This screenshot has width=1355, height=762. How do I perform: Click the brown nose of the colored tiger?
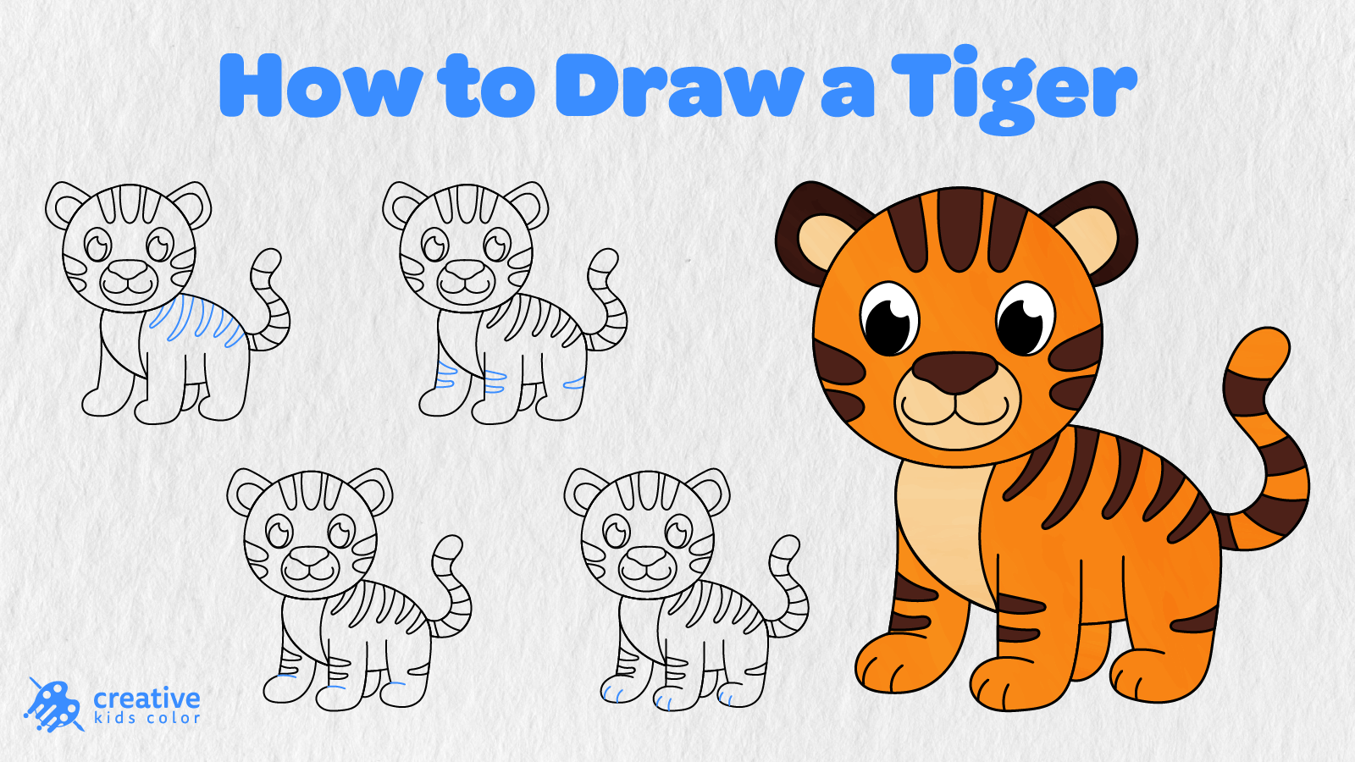click(955, 373)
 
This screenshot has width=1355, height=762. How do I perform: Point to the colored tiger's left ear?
click(810, 229)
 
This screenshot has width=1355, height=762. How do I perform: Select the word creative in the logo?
click(147, 699)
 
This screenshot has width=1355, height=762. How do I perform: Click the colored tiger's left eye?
click(890, 318)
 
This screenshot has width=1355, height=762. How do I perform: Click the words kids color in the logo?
click(147, 719)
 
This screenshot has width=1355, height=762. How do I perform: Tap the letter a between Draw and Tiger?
click(847, 92)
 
